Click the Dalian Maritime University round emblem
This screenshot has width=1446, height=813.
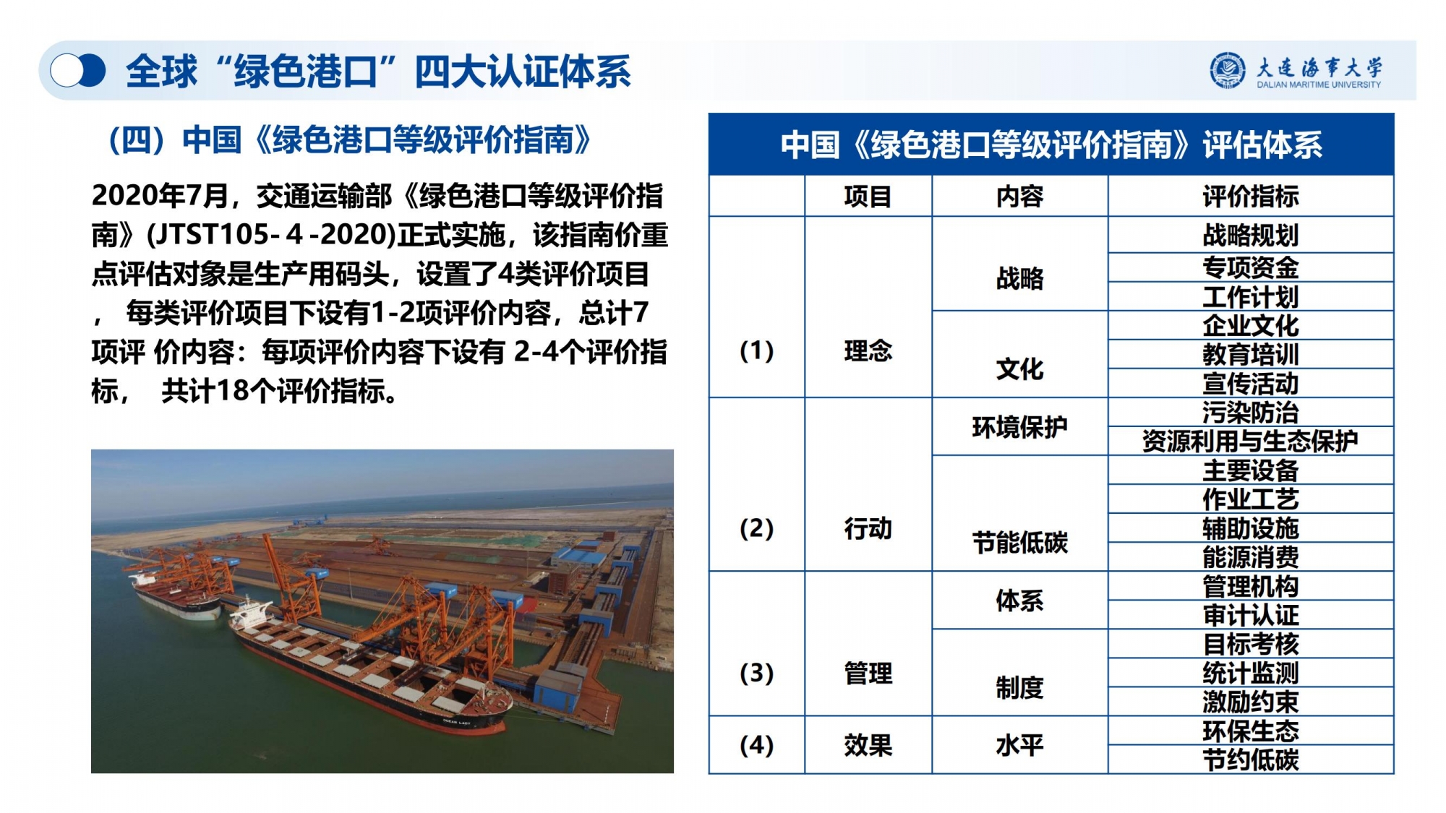pos(1228,70)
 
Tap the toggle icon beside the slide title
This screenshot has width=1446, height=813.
pos(78,71)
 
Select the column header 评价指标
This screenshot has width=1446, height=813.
pos(1251,197)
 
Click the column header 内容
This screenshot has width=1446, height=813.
pos(1019,197)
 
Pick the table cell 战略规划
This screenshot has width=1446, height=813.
pos(1251,236)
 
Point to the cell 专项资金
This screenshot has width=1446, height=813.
pos(1251,268)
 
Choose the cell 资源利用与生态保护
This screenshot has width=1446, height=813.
pos(1251,441)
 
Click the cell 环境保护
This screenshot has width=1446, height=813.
pos(1019,427)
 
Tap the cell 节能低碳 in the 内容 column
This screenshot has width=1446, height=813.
pos(1019,543)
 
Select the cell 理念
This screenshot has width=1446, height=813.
pos(868,351)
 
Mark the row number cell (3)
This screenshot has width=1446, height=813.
pos(756,674)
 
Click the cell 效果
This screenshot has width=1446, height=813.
pos(868,745)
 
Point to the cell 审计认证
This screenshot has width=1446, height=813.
pos(1251,615)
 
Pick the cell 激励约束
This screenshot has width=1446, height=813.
pos(1251,702)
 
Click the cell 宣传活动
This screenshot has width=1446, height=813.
pos(1251,384)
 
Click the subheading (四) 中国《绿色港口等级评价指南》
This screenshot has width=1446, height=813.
pos(350,140)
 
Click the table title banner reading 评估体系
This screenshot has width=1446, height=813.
pos(1051,145)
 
